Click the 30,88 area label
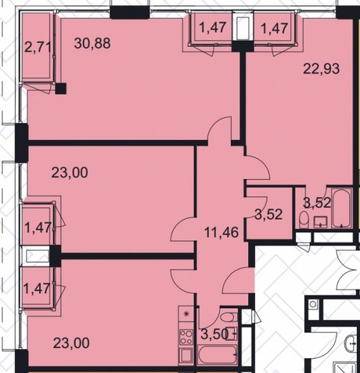click(92, 43)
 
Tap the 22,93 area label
click(321, 69)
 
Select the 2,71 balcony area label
click(38, 48)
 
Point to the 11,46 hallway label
click(221, 233)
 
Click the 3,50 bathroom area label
click(214, 334)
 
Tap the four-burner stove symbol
click(186, 337)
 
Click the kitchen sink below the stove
click(186, 356)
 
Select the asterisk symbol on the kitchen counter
click(186, 314)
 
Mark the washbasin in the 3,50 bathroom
click(232, 333)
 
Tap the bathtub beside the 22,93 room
click(342, 208)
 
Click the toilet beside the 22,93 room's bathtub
click(303, 219)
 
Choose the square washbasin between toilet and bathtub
click(320, 222)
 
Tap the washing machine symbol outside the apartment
click(313, 304)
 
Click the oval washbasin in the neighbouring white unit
click(351, 343)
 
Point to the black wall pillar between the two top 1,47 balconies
click(242, 47)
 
